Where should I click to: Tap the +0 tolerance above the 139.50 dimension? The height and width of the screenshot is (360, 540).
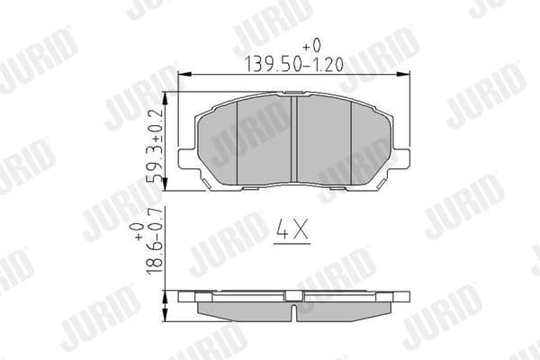click(310, 43)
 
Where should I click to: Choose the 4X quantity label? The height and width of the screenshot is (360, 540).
click(290, 232)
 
